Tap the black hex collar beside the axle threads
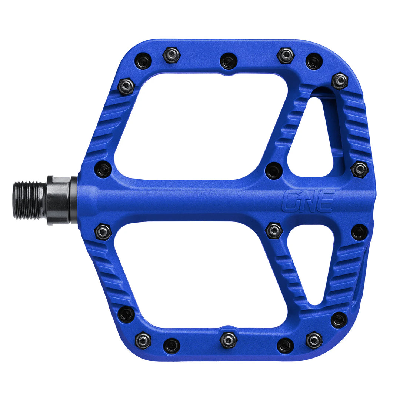pyautogui.click(x=59, y=200)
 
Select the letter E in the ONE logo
pyautogui.click(x=326, y=200)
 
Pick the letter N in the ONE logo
pyautogui.click(x=308, y=200)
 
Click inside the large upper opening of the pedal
pyautogui.click(x=200, y=126)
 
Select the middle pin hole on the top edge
pyautogui.click(x=228, y=60)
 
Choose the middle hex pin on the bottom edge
pyautogui.click(x=228, y=340)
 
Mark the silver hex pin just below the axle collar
pyautogui.click(x=103, y=232)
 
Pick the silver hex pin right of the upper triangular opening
pyautogui.click(x=359, y=169)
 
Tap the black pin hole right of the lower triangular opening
pyautogui.click(x=359, y=232)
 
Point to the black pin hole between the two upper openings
pyautogui.click(x=274, y=171)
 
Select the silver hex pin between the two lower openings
pyautogui.click(x=274, y=230)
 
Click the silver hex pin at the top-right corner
pyautogui.click(x=340, y=81)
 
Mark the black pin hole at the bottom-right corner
pyautogui.click(x=339, y=320)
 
